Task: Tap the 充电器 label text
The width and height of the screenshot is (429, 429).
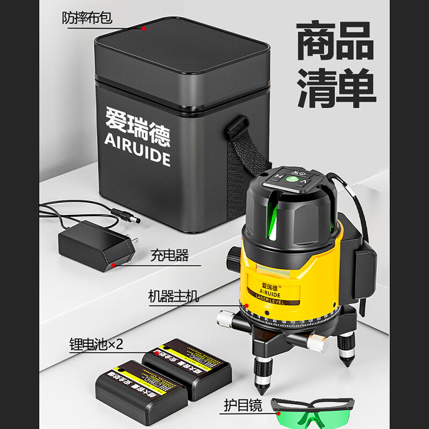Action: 169,255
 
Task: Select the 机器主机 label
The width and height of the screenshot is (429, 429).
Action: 173,295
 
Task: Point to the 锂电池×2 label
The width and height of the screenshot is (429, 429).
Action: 96,344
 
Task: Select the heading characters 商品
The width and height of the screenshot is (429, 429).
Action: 336,41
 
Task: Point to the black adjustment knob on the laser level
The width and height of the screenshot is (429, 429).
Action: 234,260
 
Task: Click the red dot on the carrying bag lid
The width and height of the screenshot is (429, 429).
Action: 144,27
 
